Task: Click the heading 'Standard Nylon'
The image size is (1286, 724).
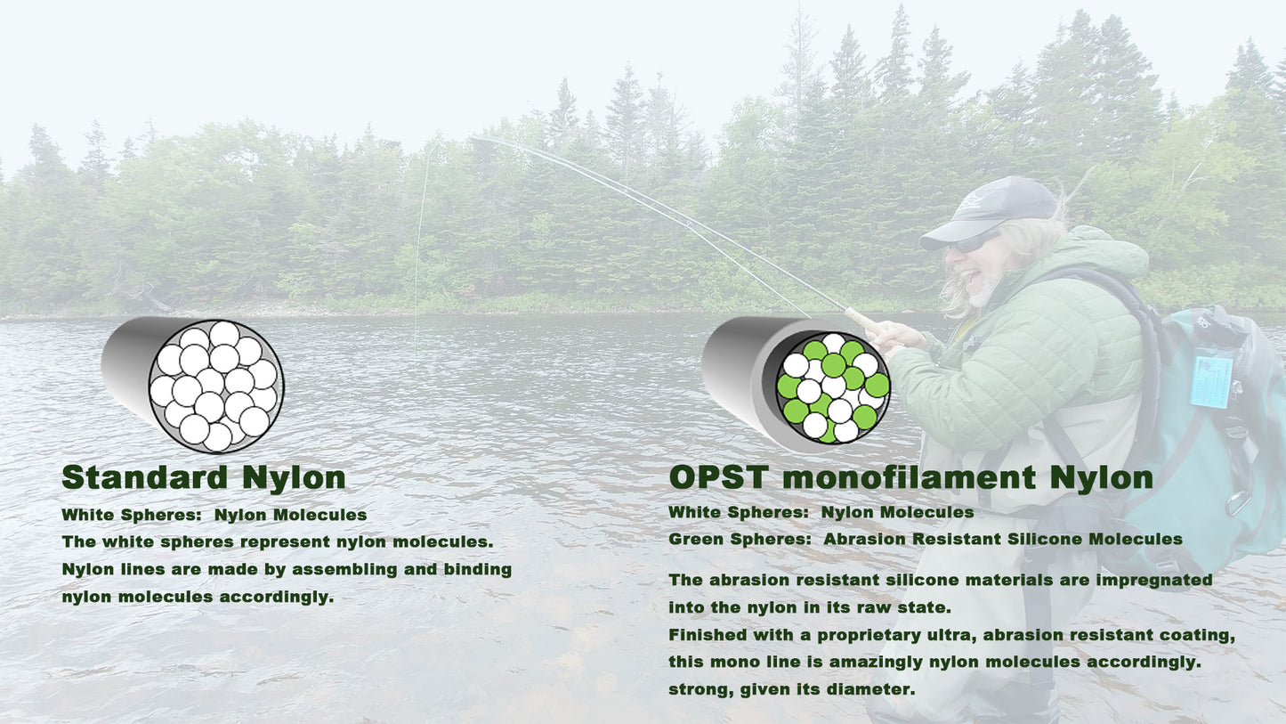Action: pos(204,477)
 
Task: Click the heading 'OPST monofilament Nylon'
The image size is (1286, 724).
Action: pos(911,477)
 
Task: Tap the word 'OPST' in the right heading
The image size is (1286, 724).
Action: pos(719,477)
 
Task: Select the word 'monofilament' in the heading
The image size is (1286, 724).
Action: pos(910,477)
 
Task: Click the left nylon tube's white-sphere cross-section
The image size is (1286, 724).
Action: pos(216,386)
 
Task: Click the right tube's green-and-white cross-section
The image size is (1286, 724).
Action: pos(833,388)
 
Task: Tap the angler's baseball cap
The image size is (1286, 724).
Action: pos(989,210)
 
